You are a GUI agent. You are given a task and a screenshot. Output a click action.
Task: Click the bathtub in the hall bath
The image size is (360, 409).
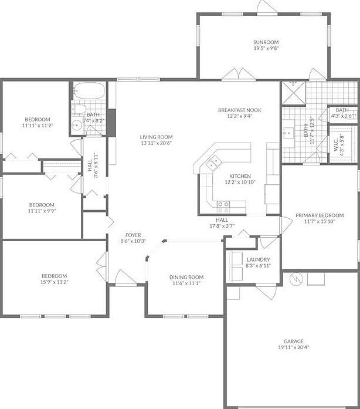point(90,91)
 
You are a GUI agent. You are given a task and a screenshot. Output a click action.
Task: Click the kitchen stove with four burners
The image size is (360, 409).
point(223,207)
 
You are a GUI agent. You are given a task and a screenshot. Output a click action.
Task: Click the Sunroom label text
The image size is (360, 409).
point(266,42)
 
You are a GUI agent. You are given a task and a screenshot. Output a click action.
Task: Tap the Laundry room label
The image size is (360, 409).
point(257,259)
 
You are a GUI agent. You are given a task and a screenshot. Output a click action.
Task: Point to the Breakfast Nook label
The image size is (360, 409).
point(239,110)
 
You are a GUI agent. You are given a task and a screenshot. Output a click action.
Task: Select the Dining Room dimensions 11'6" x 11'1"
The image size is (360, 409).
point(185,283)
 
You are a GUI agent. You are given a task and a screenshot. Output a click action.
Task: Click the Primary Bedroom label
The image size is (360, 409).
point(320,215)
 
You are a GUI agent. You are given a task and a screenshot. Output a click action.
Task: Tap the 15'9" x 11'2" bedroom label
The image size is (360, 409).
point(54,282)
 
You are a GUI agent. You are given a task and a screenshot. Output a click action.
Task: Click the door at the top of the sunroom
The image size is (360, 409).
point(266,7)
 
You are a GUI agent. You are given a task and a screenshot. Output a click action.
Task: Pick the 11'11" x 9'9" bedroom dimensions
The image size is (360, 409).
point(42,211)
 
